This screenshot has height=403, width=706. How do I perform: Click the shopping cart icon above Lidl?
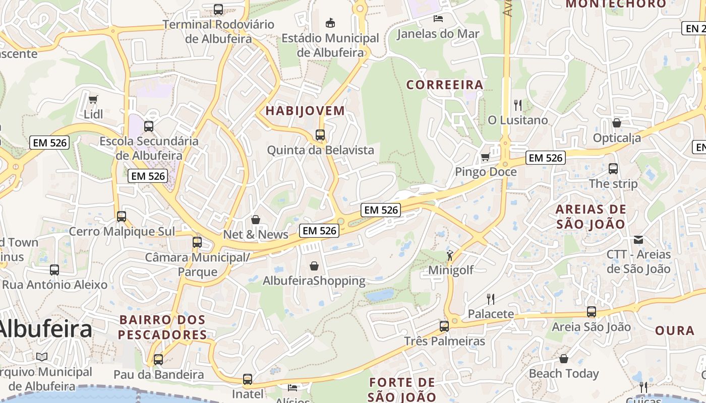[93, 99]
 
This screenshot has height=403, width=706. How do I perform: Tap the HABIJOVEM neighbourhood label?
[305, 111]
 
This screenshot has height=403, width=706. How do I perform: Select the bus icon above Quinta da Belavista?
[320, 135]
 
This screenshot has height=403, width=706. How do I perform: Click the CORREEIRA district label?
[445, 85]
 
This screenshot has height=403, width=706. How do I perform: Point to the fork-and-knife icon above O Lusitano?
[517, 105]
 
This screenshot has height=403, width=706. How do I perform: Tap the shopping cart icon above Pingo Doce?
[485, 157]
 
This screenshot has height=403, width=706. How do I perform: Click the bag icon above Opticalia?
[616, 123]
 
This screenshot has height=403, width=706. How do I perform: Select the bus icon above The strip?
[613, 169]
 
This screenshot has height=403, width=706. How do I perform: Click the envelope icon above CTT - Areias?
[638, 239]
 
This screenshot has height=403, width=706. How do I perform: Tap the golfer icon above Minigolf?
[450, 255]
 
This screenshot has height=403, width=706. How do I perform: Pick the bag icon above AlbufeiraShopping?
[314, 265]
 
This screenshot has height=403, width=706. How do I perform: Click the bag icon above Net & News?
[256, 220]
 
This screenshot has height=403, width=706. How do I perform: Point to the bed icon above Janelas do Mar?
[438, 19]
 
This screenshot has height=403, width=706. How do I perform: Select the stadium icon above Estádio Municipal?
[330, 23]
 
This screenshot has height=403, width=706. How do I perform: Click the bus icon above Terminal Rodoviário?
[218, 9]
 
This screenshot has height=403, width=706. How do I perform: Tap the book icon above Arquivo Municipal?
[42, 357]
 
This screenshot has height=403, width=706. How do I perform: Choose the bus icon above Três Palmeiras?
[444, 326]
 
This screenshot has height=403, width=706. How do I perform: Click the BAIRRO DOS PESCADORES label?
[162, 327]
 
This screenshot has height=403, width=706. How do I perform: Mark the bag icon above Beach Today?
[564, 359]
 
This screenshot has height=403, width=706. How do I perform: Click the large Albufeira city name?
[45, 329]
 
